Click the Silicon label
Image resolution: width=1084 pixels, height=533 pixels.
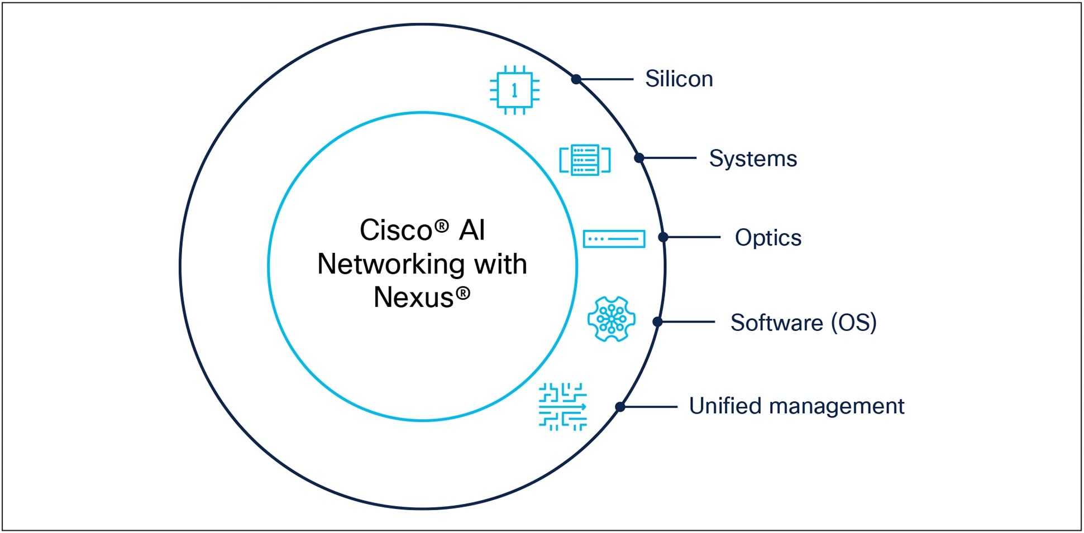679,79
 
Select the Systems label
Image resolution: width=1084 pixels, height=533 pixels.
752,159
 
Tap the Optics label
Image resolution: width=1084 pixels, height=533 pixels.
767,238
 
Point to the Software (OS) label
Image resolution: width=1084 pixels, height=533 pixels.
803,323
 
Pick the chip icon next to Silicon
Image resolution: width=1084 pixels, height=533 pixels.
514,90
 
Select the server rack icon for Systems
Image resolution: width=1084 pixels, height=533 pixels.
585,160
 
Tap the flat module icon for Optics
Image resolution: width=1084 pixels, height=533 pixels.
614,239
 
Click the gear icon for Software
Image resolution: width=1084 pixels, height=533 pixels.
612,319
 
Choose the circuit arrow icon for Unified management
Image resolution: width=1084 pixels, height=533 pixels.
562,407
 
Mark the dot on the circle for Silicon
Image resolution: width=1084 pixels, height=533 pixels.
576,80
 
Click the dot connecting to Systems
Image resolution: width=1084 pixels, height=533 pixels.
639,159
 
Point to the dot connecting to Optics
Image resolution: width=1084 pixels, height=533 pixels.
663,237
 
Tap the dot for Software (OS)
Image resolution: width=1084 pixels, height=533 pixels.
657,322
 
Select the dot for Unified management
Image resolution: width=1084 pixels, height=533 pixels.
620,407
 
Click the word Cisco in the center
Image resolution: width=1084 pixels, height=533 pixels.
396,230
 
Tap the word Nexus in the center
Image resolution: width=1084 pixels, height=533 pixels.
413,297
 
